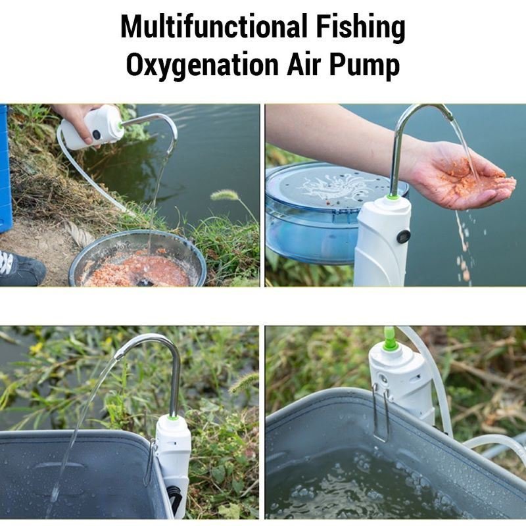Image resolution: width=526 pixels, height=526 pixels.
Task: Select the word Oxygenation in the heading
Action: click(x=203, y=65)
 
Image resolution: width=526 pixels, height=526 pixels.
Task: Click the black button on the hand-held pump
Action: click(x=97, y=135)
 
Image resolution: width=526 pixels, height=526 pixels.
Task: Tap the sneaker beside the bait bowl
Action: click(x=22, y=268)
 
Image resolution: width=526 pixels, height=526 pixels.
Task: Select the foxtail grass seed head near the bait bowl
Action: click(x=224, y=195)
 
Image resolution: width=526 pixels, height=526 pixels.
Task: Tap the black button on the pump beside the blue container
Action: click(x=404, y=237)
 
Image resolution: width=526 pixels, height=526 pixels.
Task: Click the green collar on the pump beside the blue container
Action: click(x=392, y=197)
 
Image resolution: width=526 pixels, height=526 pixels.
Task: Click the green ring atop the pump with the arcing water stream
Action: click(x=172, y=417)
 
